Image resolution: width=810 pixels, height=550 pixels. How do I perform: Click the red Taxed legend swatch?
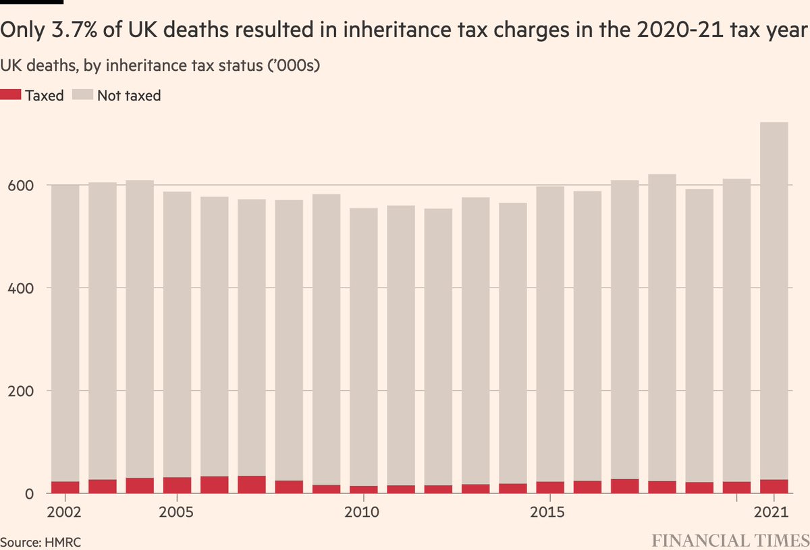click(11, 95)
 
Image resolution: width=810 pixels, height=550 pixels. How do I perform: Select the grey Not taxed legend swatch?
click(83, 95)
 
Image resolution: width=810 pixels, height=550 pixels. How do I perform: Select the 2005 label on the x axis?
click(177, 512)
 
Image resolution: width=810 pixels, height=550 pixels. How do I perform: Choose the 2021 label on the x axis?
click(773, 512)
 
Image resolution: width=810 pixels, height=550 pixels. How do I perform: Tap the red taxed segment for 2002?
click(65, 487)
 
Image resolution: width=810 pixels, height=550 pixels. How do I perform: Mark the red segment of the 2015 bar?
click(550, 487)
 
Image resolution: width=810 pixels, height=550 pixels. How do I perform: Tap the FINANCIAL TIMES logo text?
click(730, 541)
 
